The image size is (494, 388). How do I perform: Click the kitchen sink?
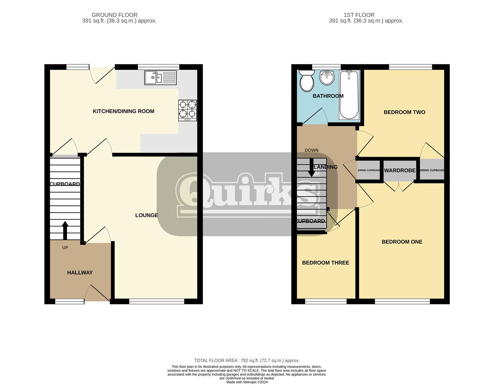(160, 78)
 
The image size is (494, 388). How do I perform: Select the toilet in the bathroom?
(307, 80)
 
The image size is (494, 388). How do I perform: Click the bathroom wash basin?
(327, 77)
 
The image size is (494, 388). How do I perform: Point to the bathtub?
(349, 95)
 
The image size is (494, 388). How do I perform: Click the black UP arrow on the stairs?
(65, 230)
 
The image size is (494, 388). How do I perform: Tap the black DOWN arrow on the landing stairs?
(311, 167)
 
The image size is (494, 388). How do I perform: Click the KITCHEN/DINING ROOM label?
(123, 111)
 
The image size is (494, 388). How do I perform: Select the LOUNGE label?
(146, 215)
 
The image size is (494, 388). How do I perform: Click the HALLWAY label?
(80, 273)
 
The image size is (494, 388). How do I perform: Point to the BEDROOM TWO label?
(404, 112)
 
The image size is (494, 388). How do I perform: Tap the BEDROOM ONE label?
(402, 242)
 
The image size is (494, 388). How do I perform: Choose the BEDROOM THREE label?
(325, 263)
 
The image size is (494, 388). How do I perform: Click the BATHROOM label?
(328, 96)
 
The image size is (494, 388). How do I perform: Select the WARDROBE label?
(400, 170)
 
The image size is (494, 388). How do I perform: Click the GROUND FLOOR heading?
(114, 15)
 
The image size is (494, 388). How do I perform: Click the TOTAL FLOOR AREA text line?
(247, 360)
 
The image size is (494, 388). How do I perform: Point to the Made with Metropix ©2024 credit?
(247, 382)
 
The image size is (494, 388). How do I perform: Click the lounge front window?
(156, 301)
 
